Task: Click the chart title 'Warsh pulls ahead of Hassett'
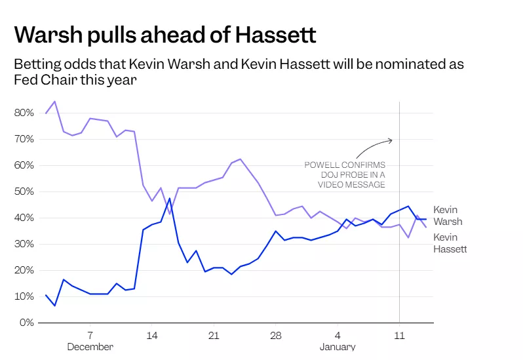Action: coord(165,34)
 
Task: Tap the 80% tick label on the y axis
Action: coord(24,113)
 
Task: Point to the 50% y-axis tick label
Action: coord(24,191)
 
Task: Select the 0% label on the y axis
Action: coord(26,323)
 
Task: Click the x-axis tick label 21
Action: coord(213,334)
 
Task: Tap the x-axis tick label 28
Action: coord(276,334)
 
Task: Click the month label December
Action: coord(90,346)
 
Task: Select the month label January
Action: coord(338,346)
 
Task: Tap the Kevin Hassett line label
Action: coord(450,243)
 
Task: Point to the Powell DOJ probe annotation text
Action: coord(345,174)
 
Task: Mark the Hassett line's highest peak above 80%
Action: coord(54,102)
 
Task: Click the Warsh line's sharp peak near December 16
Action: coord(170,198)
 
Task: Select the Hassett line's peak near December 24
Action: coord(241,159)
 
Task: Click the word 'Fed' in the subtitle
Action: coord(24,80)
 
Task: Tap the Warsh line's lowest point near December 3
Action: coord(54,306)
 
